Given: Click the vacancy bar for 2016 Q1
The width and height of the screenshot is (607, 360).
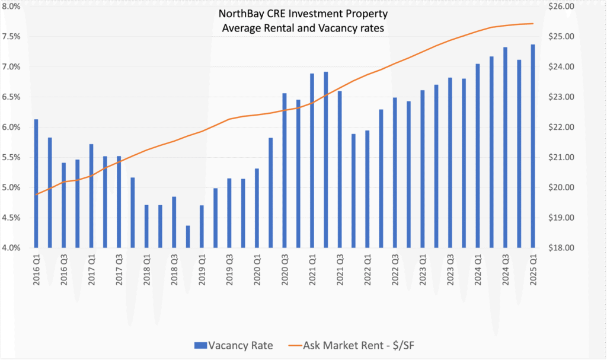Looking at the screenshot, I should tap(36, 183).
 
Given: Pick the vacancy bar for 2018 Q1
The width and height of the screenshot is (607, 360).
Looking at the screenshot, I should tap(146, 226).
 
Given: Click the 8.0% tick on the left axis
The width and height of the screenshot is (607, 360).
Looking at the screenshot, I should tap(11, 7).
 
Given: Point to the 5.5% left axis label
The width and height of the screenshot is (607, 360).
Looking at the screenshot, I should tap(11, 157).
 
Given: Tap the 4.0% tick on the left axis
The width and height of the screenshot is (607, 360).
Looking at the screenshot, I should tap(11, 247).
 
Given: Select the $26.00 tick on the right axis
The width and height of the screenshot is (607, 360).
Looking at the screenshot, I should tap(578, 7).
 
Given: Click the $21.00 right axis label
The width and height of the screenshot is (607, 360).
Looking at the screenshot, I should tap(578, 157).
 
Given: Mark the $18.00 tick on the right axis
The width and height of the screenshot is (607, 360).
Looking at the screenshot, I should tap(578, 247).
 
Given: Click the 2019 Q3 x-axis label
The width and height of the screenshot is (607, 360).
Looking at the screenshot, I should tap(229, 269).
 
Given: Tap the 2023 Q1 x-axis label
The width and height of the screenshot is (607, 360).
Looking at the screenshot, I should tap(423, 269).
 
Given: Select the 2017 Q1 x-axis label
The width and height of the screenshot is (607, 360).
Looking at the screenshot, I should tap(92, 269).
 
